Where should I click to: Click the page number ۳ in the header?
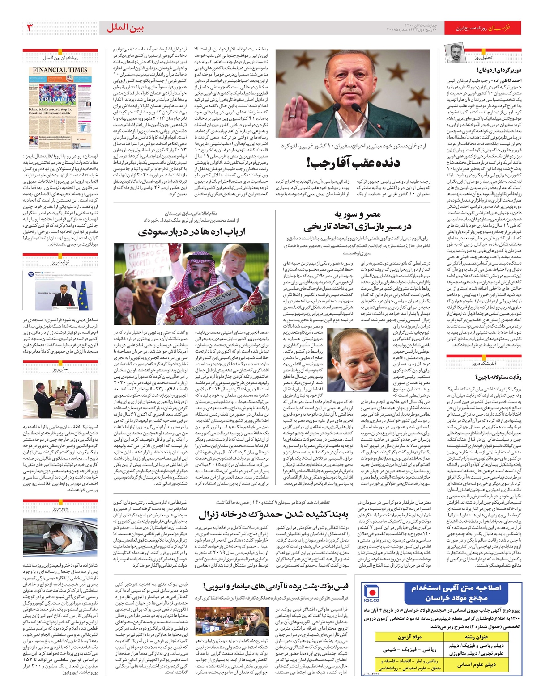click(30, 28)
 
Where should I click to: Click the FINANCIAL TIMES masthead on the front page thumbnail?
click(60, 70)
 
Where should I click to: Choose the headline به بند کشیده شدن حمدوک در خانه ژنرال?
click(273, 515)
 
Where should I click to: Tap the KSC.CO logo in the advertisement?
click(371, 593)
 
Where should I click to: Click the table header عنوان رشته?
click(476, 637)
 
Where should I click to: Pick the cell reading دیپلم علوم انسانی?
click(476, 664)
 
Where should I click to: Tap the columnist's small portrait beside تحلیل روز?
click(455, 53)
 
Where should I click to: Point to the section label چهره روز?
click(60, 508)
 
